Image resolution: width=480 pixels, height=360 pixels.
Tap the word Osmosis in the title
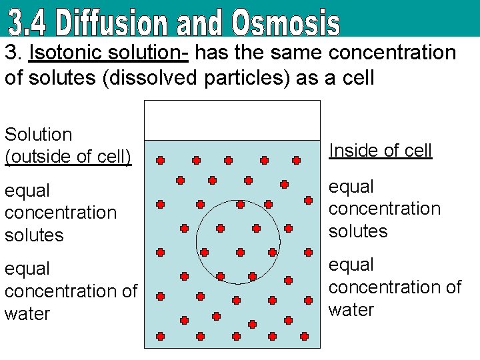pos(286,22)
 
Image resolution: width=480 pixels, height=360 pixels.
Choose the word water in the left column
pos(27,314)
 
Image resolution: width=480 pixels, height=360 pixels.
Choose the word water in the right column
pos(351,310)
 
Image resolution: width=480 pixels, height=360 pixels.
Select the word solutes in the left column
pos(34,235)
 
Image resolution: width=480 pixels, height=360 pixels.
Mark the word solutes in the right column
pos(358,231)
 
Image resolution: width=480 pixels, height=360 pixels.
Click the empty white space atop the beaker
pos(232,120)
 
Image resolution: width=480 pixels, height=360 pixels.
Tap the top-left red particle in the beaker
pos(160,161)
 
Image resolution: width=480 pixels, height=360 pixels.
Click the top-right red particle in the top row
pos(297,161)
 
